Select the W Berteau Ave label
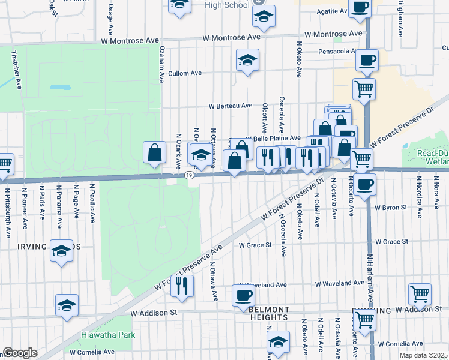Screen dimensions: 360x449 (231, 106)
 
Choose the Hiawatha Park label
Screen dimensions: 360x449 (108, 335)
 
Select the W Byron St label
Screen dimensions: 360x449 (391, 208)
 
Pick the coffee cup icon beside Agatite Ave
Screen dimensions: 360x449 (360, 7)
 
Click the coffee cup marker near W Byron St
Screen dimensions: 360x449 (365, 183)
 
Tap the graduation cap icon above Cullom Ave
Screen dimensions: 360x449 (247, 61)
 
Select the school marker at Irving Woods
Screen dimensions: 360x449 (61, 251)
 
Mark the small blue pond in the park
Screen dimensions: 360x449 (59, 87)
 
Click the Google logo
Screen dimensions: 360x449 (20, 353)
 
